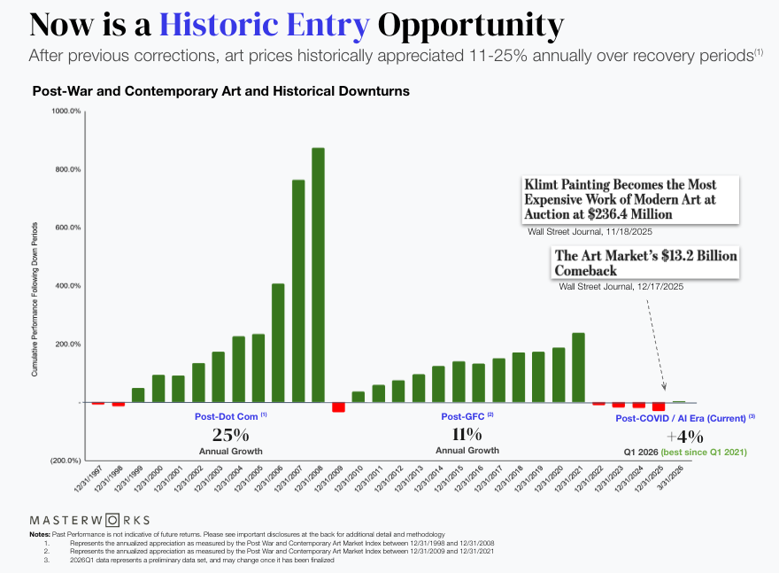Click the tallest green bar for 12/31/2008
(318, 275)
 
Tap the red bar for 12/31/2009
(338, 407)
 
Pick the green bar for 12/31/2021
(578, 368)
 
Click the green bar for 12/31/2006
(278, 343)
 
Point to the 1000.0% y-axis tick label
(66, 111)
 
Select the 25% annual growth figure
(230, 435)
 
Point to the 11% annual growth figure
(467, 435)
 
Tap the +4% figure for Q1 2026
(685, 436)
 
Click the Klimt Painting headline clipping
(619, 199)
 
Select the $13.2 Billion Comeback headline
(644, 262)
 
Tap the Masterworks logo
(89, 520)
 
